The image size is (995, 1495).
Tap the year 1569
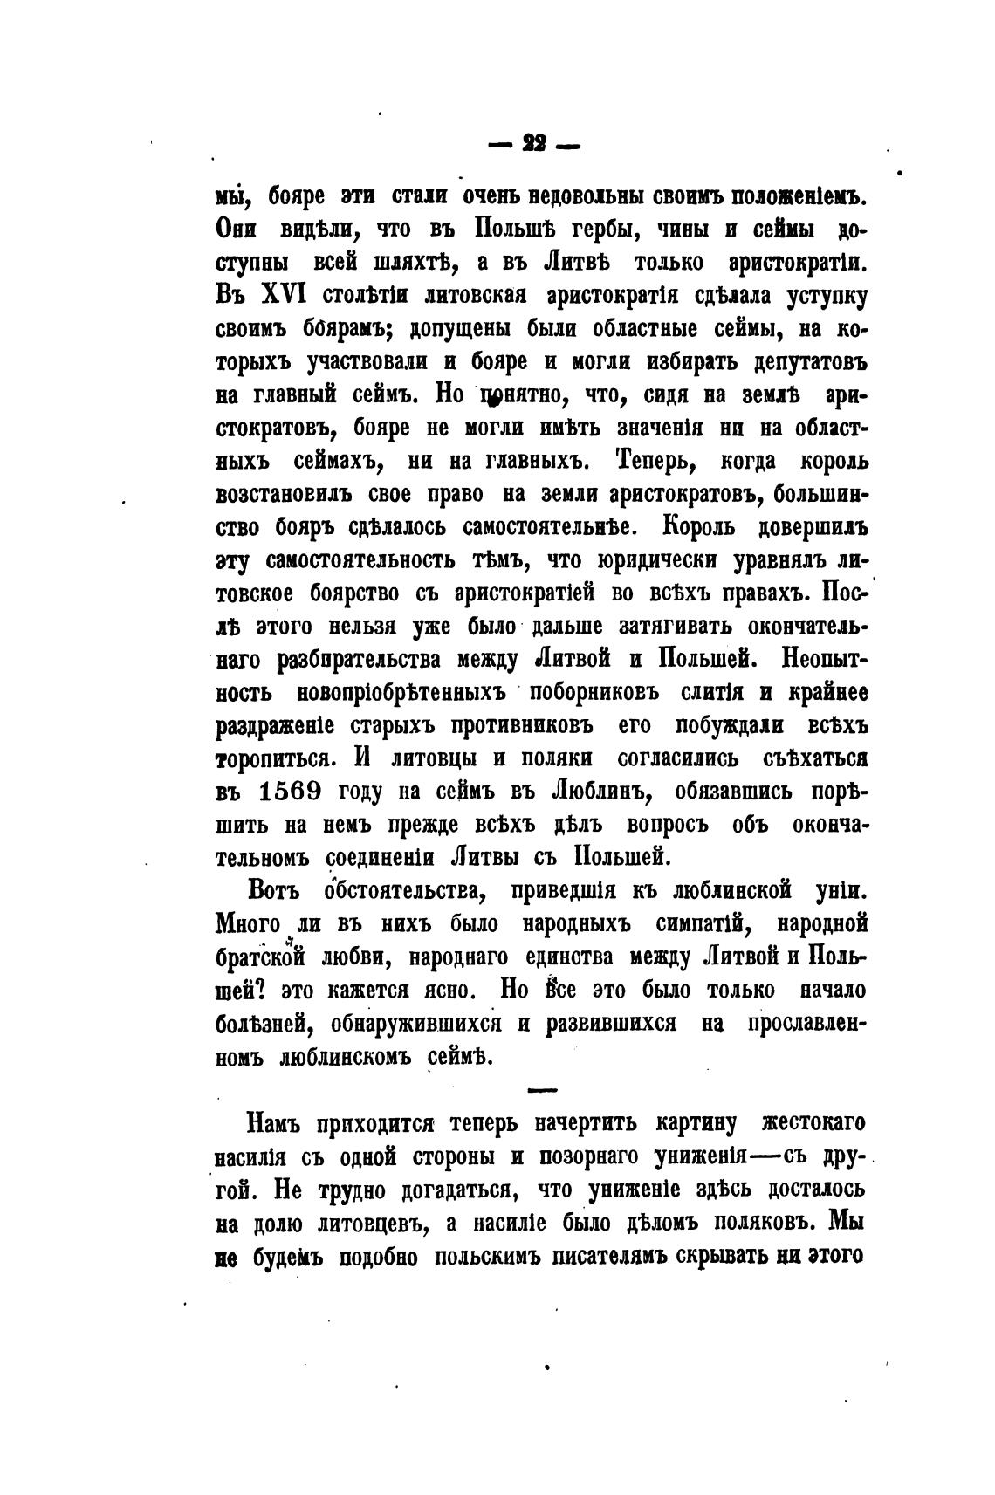(291, 792)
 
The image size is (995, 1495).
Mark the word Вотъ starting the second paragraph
(274, 890)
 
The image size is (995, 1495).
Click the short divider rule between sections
(542, 1090)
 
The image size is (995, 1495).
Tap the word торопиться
(273, 758)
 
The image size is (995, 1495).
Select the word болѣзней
(258, 1023)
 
